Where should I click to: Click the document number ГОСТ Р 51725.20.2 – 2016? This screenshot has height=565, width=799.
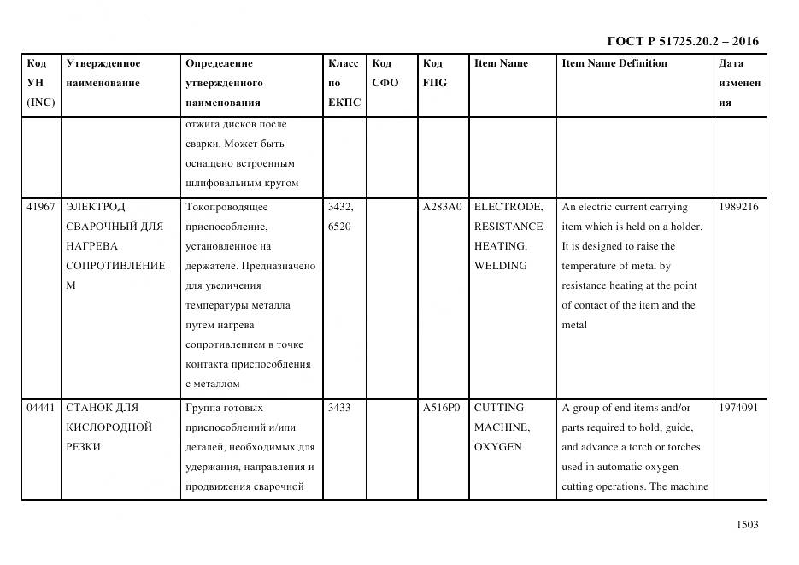[x=682, y=41]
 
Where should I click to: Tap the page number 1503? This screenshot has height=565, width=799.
[x=747, y=525]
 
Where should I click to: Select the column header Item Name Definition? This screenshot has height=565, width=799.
[x=614, y=63]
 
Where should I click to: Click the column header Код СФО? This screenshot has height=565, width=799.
[x=385, y=74]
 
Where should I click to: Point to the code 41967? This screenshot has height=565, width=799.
[x=41, y=207]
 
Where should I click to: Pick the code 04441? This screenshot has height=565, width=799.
[x=41, y=408]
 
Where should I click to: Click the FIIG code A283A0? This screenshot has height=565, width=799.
[x=443, y=207]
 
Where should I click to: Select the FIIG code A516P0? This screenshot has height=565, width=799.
[x=443, y=408]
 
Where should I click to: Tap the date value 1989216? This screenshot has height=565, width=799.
[x=738, y=207]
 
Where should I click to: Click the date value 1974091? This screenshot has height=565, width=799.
[x=738, y=408]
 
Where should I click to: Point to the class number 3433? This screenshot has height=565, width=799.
[x=341, y=408]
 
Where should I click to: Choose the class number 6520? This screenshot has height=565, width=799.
[x=339, y=227]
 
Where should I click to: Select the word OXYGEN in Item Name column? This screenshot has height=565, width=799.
[x=497, y=447]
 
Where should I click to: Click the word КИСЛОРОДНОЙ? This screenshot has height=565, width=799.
[x=109, y=427]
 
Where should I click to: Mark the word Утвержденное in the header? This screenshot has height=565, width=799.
[x=103, y=63]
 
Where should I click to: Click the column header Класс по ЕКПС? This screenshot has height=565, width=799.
[x=344, y=83]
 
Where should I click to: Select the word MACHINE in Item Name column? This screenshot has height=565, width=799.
[x=502, y=427]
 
